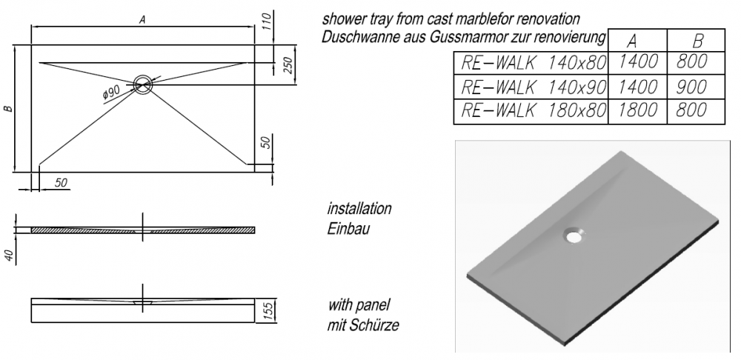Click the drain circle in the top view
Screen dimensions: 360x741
pos(143,83)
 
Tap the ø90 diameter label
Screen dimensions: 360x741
pos(110,92)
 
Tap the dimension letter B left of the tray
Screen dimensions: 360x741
pos(8,109)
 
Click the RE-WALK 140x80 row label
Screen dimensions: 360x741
pos(529,63)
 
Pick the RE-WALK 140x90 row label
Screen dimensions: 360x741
pos(529,87)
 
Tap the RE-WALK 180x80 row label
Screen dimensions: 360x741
pos(529,111)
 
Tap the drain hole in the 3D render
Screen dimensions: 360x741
pos(573,234)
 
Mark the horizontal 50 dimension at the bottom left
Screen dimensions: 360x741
pos(61,182)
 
